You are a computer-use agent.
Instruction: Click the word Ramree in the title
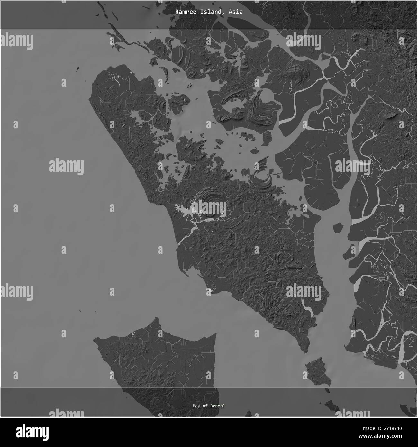[185, 12]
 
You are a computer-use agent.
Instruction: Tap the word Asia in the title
[236, 12]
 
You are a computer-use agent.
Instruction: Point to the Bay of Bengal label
[209, 406]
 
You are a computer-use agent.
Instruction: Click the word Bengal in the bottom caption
[218, 406]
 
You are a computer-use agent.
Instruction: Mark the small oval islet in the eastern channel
[337, 228]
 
